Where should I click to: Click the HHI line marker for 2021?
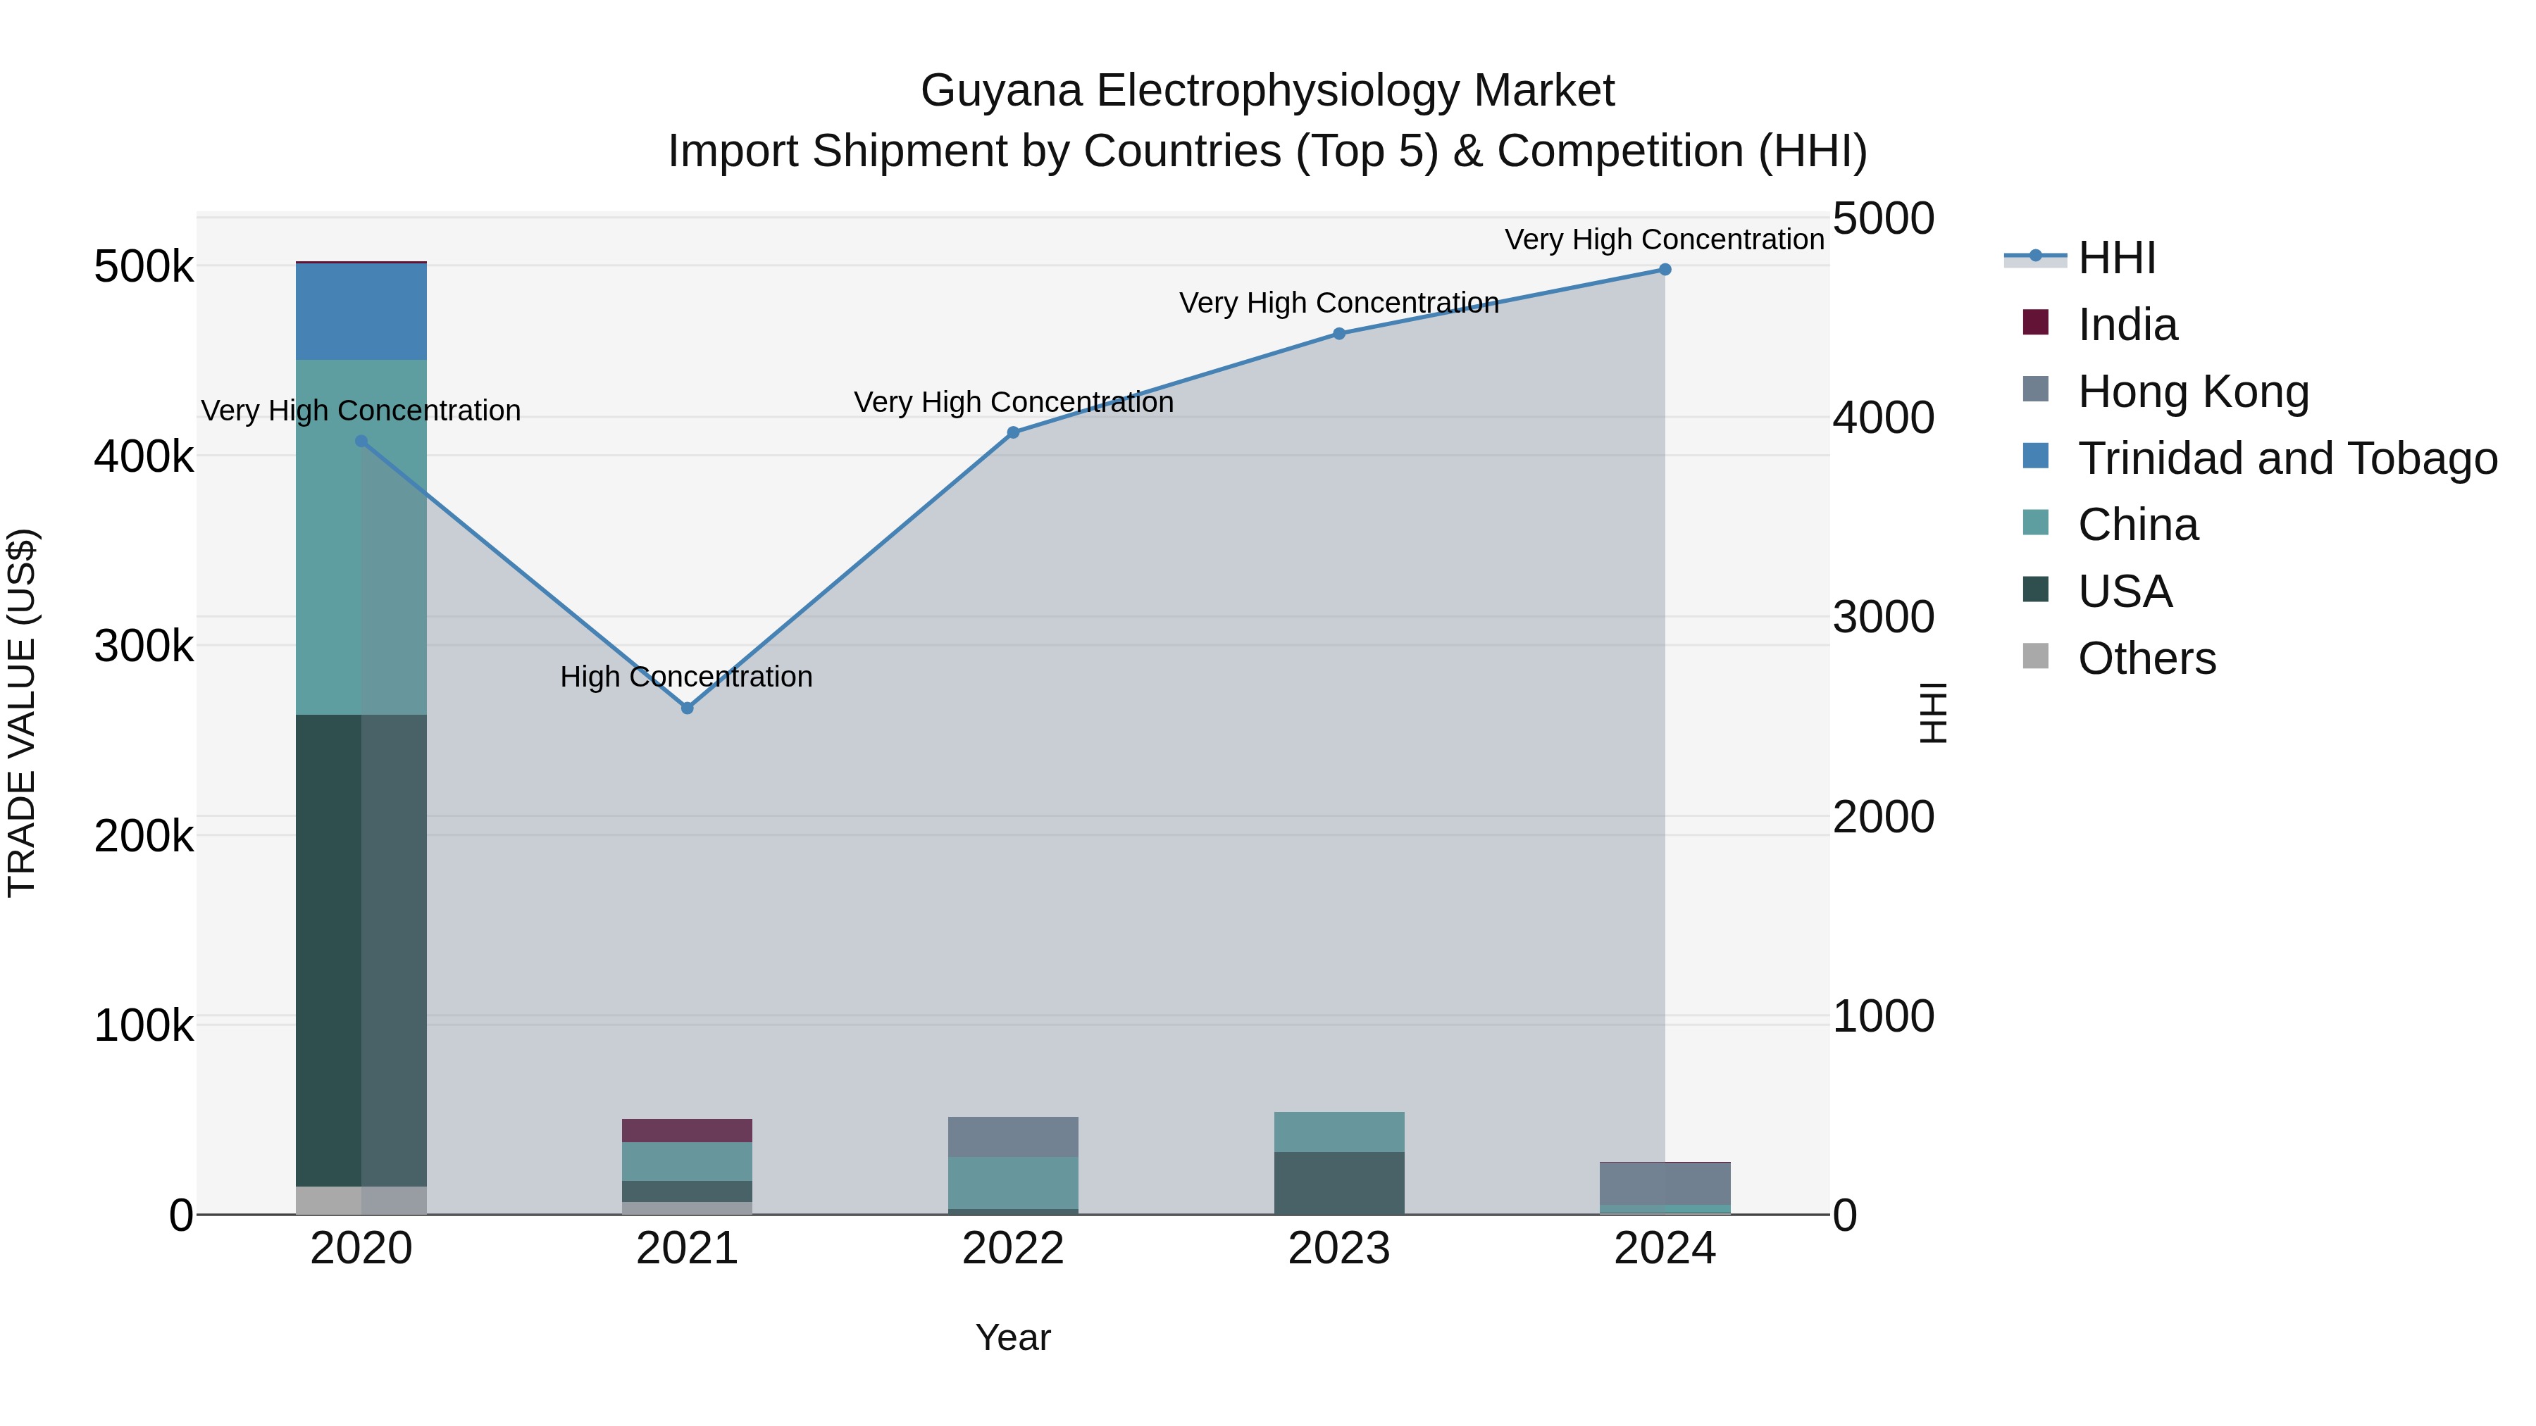(687, 708)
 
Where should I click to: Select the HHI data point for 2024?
(1665, 270)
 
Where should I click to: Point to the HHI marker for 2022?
(1013, 432)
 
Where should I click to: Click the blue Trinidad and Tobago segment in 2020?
(361, 311)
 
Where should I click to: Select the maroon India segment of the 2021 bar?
(687, 1131)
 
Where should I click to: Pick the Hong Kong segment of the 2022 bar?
(1013, 1137)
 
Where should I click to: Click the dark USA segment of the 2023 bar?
(1339, 1183)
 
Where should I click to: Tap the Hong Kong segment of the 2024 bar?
(1665, 1183)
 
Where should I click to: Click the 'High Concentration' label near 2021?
(686, 677)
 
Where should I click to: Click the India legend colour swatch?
(2035, 323)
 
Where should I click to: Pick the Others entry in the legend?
(2146, 658)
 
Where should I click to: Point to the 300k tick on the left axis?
(144, 646)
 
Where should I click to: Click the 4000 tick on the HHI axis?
(1882, 418)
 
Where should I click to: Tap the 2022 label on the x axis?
(1013, 1249)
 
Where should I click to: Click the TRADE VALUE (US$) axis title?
(23, 713)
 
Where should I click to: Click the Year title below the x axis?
(1013, 1337)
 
